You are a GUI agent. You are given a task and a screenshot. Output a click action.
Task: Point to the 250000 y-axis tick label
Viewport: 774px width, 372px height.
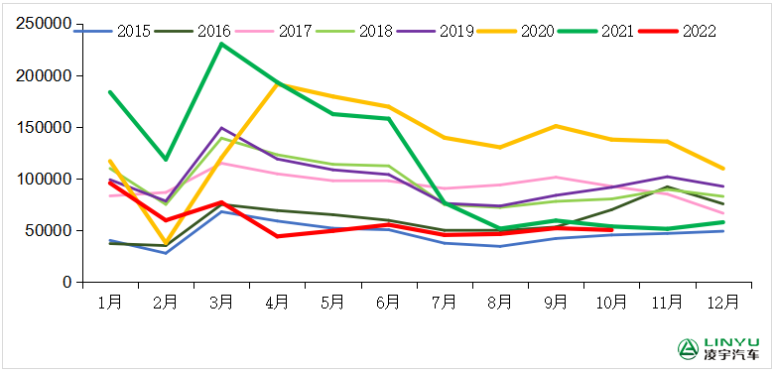(44, 24)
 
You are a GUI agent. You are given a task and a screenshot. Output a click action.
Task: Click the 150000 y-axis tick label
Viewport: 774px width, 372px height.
(44, 127)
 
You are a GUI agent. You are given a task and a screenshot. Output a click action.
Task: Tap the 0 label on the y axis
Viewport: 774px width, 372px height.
(64, 282)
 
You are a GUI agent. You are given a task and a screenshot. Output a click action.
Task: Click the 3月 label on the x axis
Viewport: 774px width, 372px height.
(221, 300)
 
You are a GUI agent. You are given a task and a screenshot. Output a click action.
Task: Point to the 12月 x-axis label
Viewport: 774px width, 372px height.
(722, 300)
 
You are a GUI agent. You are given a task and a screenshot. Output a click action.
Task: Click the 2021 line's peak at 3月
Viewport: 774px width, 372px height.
(221, 44)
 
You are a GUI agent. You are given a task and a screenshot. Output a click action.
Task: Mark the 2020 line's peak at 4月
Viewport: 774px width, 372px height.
(277, 84)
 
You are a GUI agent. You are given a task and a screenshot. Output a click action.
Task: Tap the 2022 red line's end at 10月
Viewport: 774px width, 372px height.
(610, 229)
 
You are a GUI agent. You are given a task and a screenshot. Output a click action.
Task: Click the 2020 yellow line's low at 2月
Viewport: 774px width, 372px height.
(166, 243)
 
